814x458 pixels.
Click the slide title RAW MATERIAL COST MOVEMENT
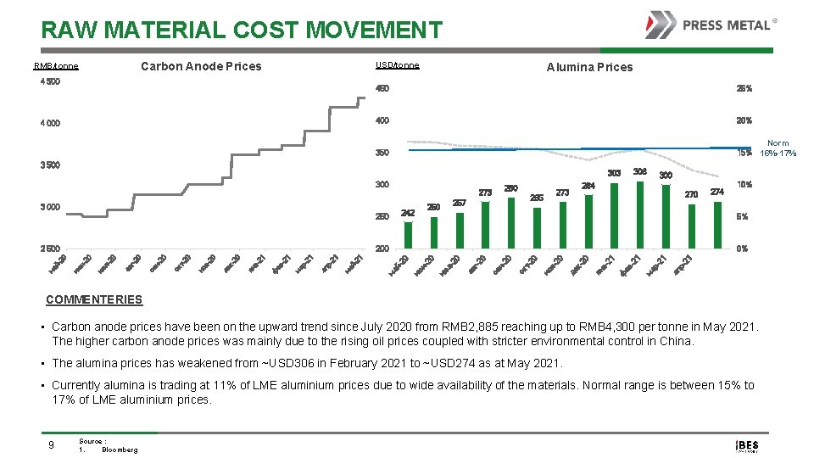click(242, 31)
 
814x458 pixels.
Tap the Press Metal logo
click(711, 25)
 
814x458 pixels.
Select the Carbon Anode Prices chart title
click(201, 66)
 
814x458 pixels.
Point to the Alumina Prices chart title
click(589, 67)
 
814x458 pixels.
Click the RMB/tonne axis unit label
click(56, 66)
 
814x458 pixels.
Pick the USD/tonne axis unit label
click(397, 65)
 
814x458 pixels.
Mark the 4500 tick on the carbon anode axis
click(50, 82)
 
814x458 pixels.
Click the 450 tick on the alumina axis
click(382, 88)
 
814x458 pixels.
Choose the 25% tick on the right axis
click(744, 88)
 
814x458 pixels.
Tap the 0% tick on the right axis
click(744, 249)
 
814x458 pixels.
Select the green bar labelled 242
click(408, 235)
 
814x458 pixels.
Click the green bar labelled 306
click(640, 215)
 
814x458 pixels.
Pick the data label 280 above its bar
click(510, 188)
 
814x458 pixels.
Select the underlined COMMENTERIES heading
click(94, 299)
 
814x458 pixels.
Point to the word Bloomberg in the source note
click(120, 450)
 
